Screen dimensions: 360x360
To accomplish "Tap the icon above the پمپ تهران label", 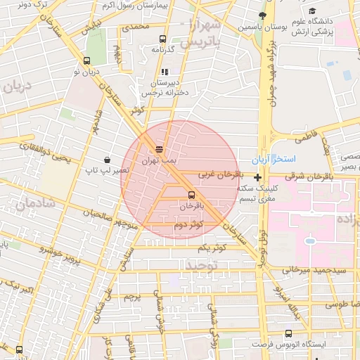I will pos(159,148).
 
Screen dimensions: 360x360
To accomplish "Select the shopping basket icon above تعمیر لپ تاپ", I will pos(107,160).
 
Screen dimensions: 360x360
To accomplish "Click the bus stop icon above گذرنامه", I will pos(163,39).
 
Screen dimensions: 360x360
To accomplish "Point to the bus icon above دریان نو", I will pos(86,60).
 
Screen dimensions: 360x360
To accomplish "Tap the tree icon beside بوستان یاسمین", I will pos(262,15).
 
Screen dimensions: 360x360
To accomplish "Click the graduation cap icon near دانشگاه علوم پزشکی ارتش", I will pos(311,11).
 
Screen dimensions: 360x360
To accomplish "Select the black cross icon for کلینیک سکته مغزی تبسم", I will pos(258,178).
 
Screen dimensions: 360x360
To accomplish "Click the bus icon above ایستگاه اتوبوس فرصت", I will pos(288,334).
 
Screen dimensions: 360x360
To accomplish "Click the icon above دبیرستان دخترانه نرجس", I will pos(165,72).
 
